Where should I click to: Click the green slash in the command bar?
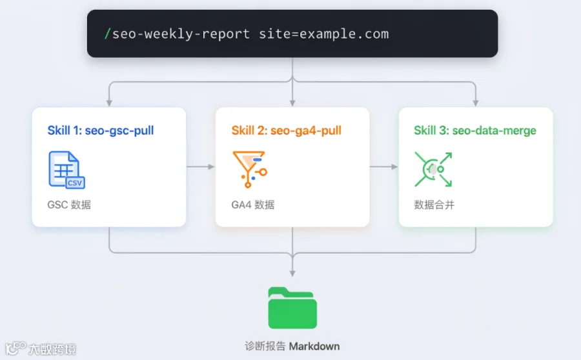pos(107,34)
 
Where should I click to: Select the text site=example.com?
pos(323,34)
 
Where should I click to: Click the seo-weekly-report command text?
pos(181,34)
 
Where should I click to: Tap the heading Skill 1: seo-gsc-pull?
pos(101,130)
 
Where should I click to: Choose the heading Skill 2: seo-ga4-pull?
pos(287,130)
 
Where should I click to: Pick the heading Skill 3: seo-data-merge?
pos(475,130)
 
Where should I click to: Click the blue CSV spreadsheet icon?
pos(66,170)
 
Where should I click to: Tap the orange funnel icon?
pos(250,169)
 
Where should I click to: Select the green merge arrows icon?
pos(434,169)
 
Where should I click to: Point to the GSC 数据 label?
pos(69,205)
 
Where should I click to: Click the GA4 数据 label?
pos(253,205)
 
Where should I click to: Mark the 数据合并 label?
pos(434,205)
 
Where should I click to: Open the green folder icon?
pos(292,308)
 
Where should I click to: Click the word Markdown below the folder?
pos(314,346)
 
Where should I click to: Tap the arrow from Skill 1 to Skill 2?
pos(201,166)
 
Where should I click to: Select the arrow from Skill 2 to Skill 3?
pos(384,166)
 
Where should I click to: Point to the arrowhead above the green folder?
pos(292,274)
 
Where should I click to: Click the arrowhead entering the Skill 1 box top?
pos(109,103)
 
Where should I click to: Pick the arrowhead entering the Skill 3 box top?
pos(475,103)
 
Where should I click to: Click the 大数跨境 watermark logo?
pos(41,348)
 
